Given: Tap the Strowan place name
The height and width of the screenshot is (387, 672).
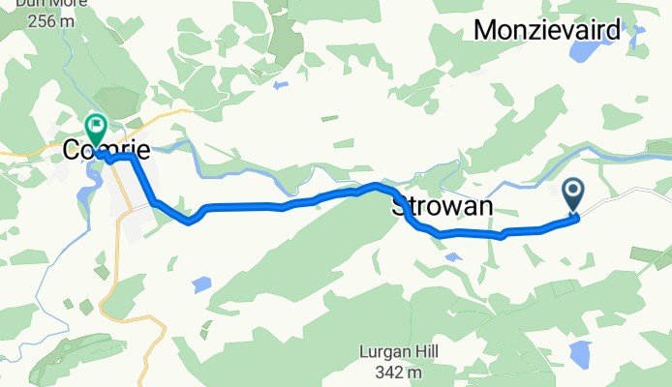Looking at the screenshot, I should click(443, 207).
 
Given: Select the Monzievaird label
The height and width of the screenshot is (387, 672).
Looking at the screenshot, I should click(547, 32).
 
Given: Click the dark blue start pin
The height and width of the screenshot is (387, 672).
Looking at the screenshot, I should click(572, 194).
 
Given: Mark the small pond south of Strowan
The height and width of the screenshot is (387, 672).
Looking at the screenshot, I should click(452, 256).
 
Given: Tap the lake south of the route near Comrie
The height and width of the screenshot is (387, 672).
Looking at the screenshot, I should click(200, 284).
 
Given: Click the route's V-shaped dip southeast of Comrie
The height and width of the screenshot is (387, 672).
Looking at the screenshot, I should click(190, 222).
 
